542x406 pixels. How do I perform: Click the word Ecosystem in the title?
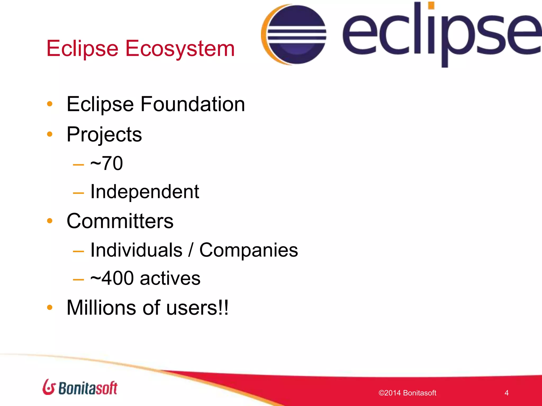coord(180,49)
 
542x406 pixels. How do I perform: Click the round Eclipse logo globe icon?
coord(294,34)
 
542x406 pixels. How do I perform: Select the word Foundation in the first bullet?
coord(193,104)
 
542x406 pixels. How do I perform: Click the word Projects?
coord(104,135)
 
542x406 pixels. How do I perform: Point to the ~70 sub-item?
coord(106,163)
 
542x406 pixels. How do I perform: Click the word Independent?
coord(144,192)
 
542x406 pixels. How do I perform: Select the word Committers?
coord(120,221)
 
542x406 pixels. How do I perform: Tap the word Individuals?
coord(136,250)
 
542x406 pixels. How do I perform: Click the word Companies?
coord(249,250)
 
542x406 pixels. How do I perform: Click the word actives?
coord(170,278)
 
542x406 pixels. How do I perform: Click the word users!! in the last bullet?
coord(197,308)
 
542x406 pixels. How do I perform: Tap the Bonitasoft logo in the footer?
coord(80,387)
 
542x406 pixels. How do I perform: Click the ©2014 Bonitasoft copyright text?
coord(407,393)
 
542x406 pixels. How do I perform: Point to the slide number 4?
coord(506,393)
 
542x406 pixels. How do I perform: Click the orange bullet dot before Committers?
coord(49,221)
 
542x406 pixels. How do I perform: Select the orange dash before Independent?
coord(78,193)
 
